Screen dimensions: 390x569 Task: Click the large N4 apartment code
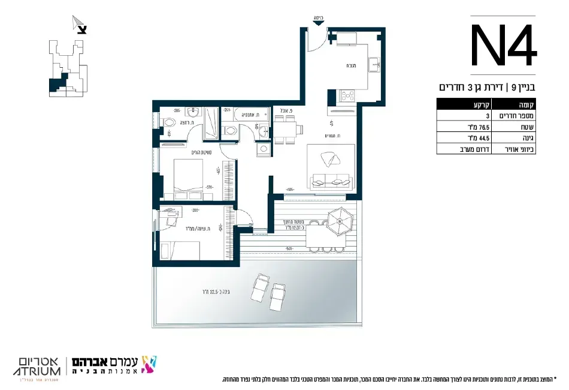[x=502, y=46]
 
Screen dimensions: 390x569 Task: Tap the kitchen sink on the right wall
[x=374, y=62]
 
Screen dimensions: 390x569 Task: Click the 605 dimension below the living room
[x=290, y=189]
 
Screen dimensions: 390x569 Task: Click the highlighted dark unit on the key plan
[x=55, y=85]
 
